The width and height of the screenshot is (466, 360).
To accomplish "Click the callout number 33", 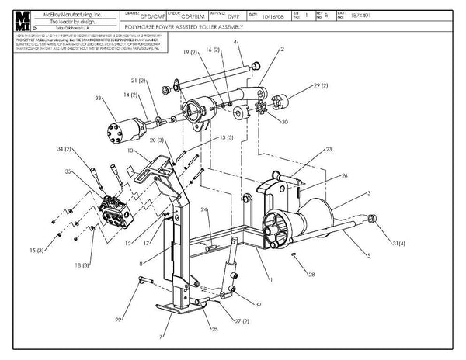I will point(98,99).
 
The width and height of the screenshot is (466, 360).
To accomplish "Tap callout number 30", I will point(284,122).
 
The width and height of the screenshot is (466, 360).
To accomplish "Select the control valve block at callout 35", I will point(116,209).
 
